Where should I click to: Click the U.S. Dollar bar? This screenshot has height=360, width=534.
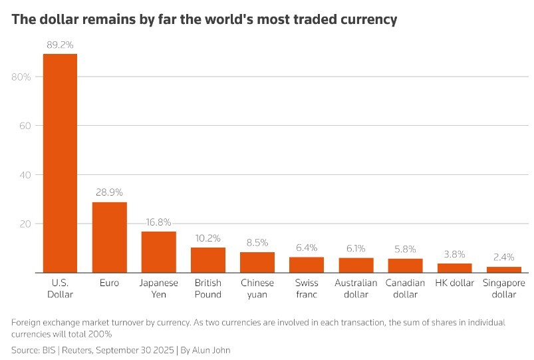(60, 163)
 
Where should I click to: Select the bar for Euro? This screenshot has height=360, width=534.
(109, 237)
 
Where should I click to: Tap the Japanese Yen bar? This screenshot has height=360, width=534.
(158, 252)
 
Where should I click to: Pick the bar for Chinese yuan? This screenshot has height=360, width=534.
(257, 262)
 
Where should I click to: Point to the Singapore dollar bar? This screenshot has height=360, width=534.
(503, 270)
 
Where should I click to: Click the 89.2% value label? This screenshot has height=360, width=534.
(60, 45)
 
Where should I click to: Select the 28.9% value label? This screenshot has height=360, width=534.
(109, 193)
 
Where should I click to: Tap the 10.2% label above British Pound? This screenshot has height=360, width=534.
(207, 238)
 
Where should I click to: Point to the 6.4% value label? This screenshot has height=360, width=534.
(306, 248)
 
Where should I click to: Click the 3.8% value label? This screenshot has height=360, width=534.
(454, 254)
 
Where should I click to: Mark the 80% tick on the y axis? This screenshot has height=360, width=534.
(22, 77)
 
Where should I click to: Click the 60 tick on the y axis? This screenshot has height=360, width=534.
(25, 126)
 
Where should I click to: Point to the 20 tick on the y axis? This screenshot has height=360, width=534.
(25, 224)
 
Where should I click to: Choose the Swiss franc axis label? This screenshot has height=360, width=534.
(306, 288)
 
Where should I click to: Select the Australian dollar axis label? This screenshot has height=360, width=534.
(356, 288)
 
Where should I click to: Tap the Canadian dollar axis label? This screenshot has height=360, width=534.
(405, 288)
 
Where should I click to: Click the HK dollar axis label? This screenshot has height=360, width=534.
(454, 283)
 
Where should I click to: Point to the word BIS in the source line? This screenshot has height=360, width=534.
(51, 349)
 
